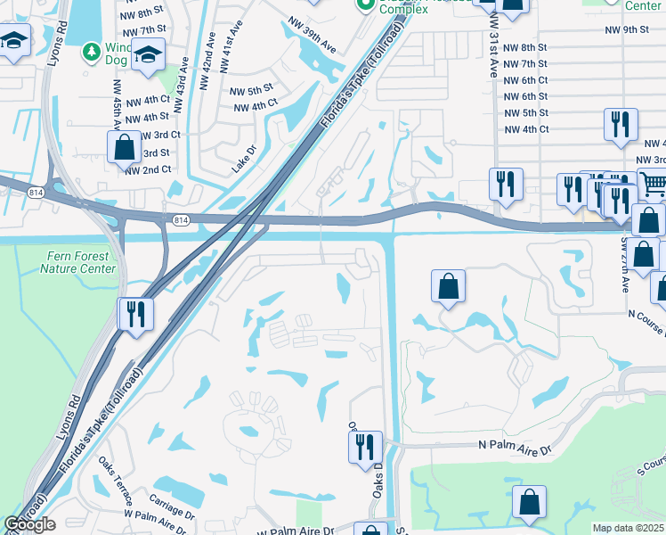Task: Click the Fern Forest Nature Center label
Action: pyautogui.click(x=80, y=262)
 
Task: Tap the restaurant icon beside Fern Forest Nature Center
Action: pyautogui.click(x=135, y=314)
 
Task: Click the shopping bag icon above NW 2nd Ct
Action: pyautogui.click(x=125, y=147)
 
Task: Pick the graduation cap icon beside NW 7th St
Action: pyautogui.click(x=148, y=54)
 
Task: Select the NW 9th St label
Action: pyautogui.click(x=626, y=30)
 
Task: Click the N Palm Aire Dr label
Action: pyautogui.click(x=516, y=445)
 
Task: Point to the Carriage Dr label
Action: pyautogui.click(x=173, y=502)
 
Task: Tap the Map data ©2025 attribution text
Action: pyautogui.click(x=629, y=528)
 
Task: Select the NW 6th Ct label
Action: pyautogui.click(x=525, y=80)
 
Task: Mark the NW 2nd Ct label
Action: pyautogui.click(x=148, y=169)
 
